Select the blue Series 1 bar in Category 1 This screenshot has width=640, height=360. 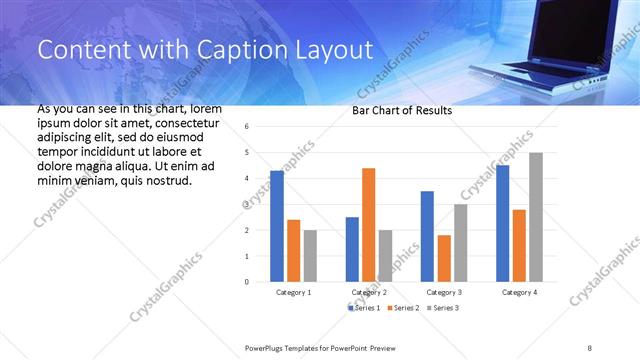pos(277,226)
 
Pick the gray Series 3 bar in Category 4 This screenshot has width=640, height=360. pos(536,217)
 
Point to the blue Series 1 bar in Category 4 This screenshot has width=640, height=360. pos(503,223)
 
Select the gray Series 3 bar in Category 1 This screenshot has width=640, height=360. pos(310,256)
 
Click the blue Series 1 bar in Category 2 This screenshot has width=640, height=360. pos(352,249)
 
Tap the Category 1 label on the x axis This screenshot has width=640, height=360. pos(293,292)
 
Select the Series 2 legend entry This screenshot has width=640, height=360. pos(404,307)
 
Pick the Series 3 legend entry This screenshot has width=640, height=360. pos(446,307)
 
